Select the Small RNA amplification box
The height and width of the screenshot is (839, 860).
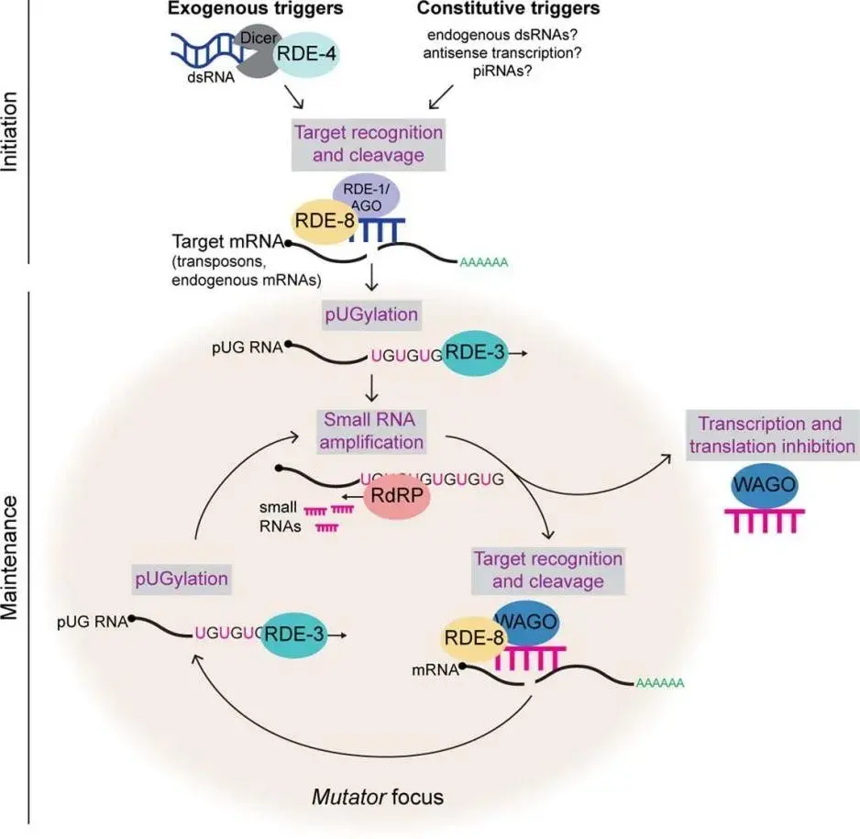[x=369, y=432]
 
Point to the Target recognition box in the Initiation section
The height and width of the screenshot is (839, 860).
[x=369, y=144]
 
